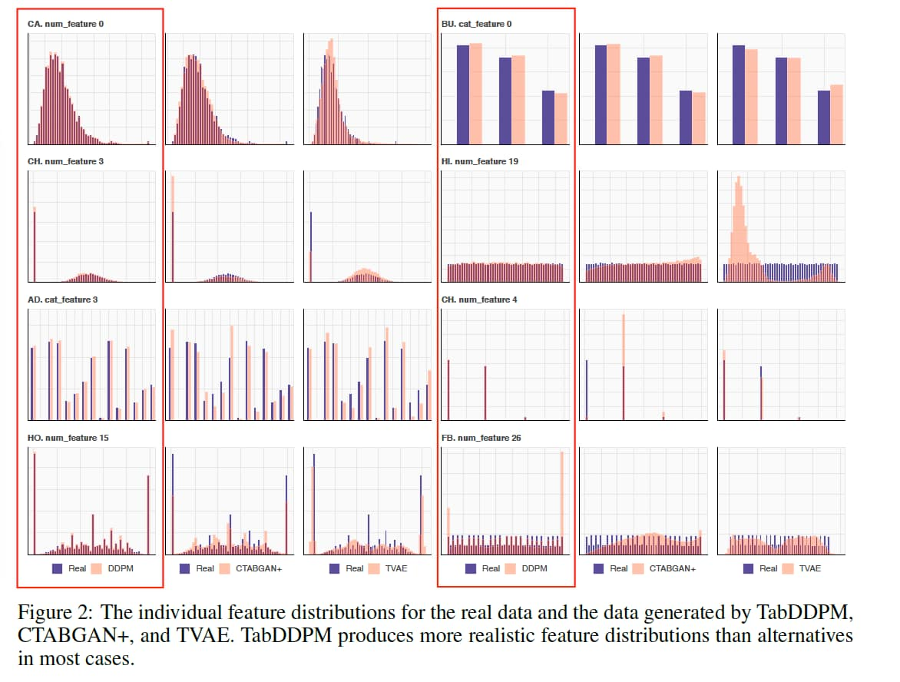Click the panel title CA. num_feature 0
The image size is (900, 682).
tap(65, 24)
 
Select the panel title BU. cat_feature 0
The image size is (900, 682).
tap(476, 24)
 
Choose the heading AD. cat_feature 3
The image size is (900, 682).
tap(62, 300)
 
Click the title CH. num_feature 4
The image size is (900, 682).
tap(479, 300)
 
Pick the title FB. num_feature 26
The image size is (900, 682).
tap(481, 438)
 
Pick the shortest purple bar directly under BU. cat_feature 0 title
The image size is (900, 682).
tap(548, 117)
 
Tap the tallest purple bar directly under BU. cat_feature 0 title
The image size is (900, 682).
tap(463, 94)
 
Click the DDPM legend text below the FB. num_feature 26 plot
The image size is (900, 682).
tap(534, 568)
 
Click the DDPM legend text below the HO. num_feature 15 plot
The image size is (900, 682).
tap(121, 568)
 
